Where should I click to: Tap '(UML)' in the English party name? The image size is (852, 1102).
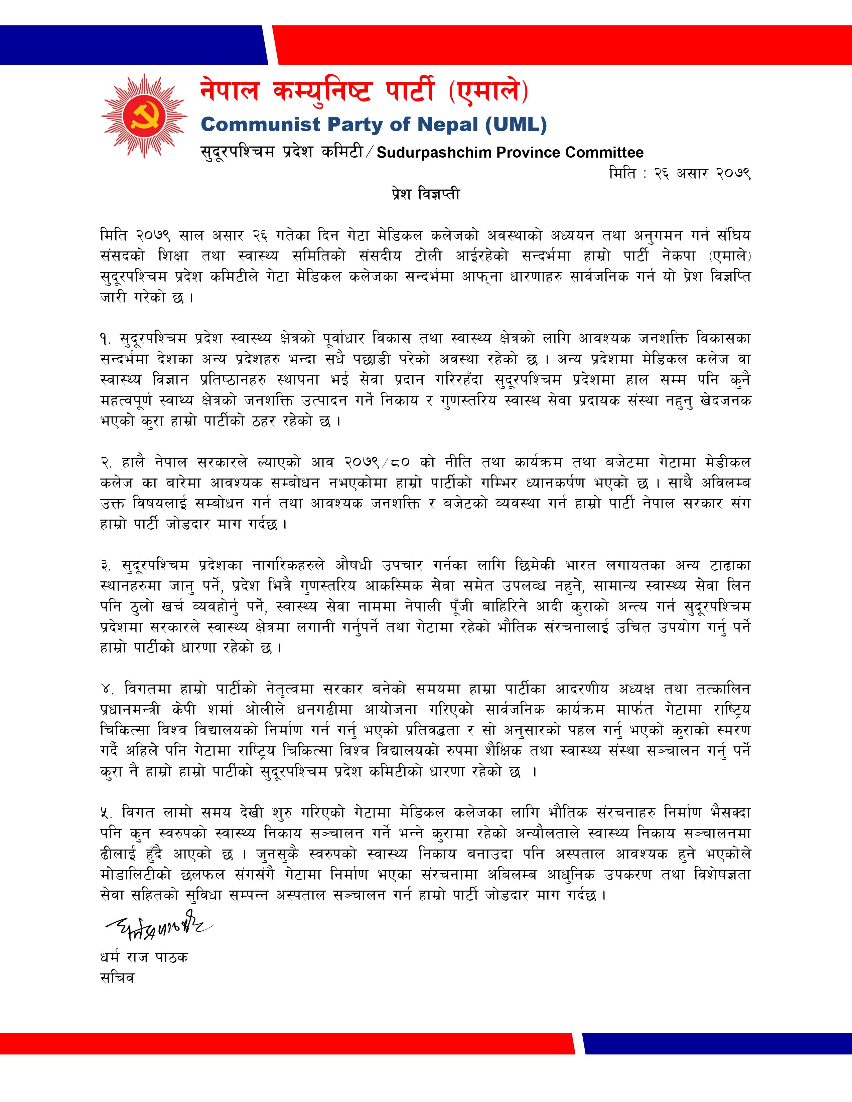tap(516, 125)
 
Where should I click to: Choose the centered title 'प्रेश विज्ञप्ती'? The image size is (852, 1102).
tap(425, 194)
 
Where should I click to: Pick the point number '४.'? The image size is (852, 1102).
tap(107, 689)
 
